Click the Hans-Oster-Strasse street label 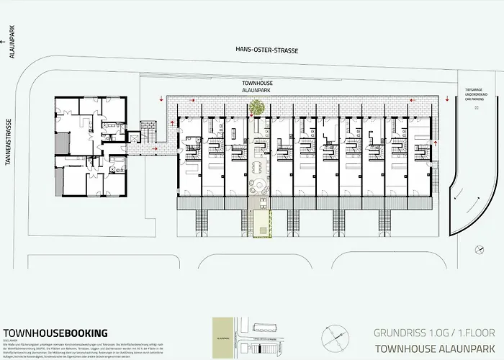pyautogui.click(x=260, y=50)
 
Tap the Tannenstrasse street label pyautogui.click(x=10, y=141)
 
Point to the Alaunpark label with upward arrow pyautogui.click(x=10, y=55)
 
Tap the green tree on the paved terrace pyautogui.click(x=254, y=108)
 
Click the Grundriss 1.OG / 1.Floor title pyautogui.click(x=426, y=333)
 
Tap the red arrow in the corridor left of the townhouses pyautogui.click(x=158, y=150)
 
